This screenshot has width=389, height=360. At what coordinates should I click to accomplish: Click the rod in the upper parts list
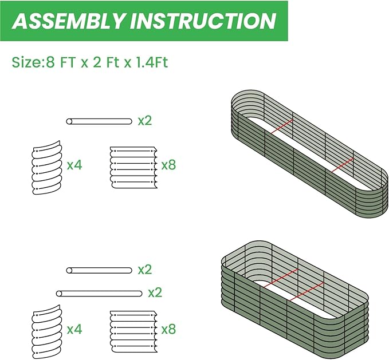(100, 121)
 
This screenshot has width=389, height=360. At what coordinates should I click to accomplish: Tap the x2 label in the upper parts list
(145, 121)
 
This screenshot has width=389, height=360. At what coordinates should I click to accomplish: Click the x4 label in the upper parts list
(74, 165)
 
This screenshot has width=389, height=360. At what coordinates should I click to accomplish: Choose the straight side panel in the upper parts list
(132, 165)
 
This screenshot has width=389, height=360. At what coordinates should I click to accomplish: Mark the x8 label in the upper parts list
(168, 165)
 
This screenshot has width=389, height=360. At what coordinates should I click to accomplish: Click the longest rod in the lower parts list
(100, 293)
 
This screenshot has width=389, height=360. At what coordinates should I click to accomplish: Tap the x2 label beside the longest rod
(155, 293)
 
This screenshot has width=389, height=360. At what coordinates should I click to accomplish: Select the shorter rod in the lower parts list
(100, 270)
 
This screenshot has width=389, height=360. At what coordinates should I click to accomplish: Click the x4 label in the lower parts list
(74, 330)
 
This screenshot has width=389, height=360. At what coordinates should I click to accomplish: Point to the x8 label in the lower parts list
(168, 330)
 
